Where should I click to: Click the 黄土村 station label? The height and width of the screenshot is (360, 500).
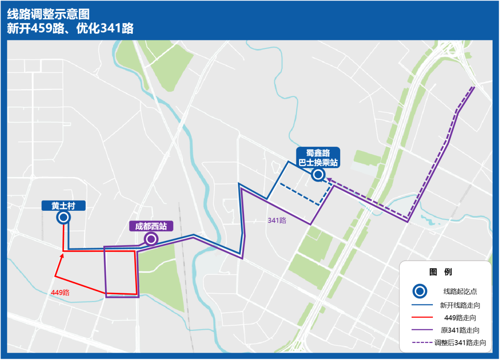(x=63, y=206)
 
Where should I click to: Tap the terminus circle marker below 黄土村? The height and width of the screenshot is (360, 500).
(x=63, y=218)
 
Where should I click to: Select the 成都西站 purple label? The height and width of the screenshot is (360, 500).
(x=151, y=226)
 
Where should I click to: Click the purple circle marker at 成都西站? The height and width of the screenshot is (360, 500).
(x=151, y=239)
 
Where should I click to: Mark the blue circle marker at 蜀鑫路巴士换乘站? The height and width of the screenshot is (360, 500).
(x=318, y=175)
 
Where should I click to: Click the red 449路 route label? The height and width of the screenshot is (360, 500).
(x=60, y=293)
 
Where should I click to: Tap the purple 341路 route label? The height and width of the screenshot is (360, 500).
(x=277, y=220)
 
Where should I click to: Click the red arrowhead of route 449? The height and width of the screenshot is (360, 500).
(x=62, y=254)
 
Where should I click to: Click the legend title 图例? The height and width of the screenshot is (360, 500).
(x=441, y=272)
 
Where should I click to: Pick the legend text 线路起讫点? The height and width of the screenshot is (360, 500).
(x=460, y=291)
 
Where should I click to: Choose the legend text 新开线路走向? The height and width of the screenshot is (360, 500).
(x=460, y=305)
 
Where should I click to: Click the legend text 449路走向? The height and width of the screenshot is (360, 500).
(x=460, y=318)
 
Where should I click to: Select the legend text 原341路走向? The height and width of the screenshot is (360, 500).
(x=460, y=330)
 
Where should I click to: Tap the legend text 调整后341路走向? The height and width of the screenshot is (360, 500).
(x=460, y=343)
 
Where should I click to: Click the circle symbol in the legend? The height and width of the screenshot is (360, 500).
(x=420, y=291)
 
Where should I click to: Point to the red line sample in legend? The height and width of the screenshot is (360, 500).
(x=420, y=318)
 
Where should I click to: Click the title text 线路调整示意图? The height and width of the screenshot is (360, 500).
(x=48, y=13)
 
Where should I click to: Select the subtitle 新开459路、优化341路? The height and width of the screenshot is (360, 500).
(x=70, y=28)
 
